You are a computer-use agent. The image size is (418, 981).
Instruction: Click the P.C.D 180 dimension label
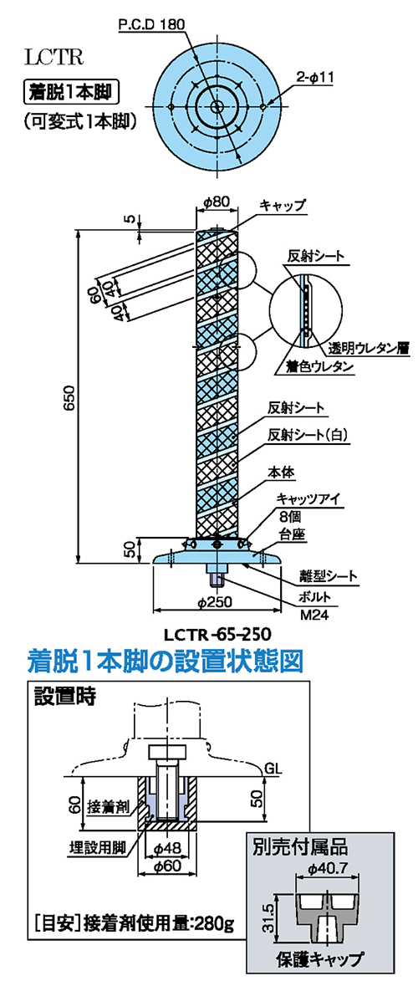point(150,25)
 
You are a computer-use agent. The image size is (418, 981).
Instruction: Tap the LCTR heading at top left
point(54,58)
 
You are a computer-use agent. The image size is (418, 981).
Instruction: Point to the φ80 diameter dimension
point(217,202)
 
